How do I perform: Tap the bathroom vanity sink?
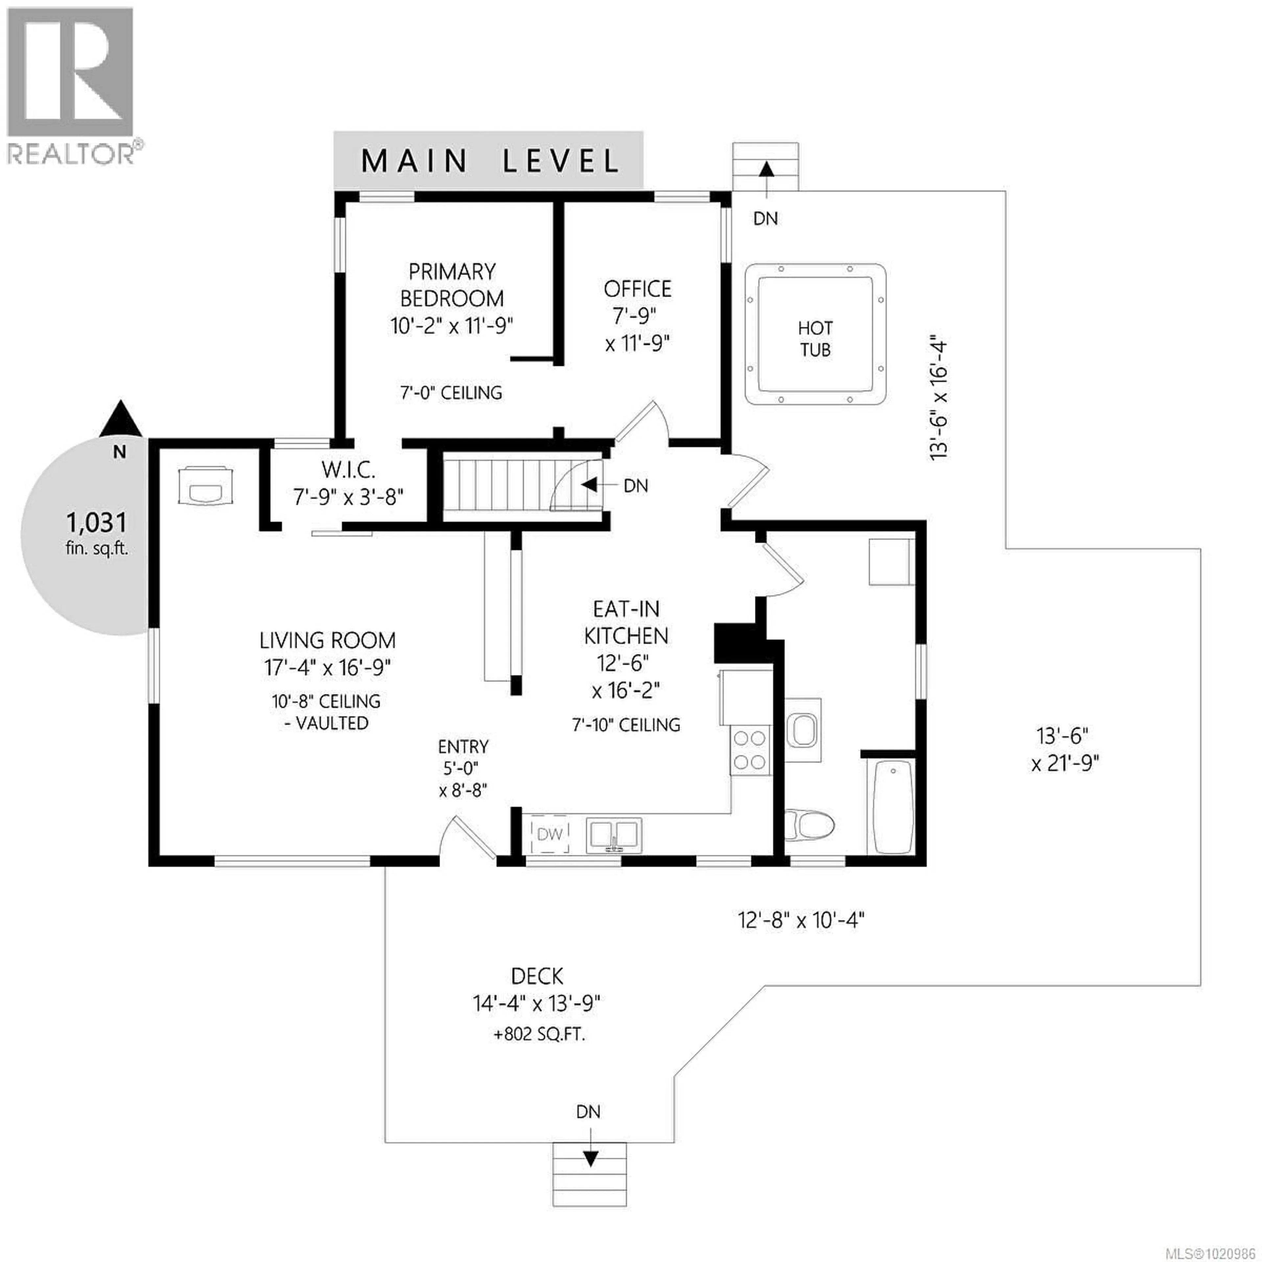click(803, 730)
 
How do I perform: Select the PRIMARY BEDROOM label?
click(451, 285)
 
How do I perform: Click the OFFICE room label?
click(637, 289)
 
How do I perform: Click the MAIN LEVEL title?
click(489, 161)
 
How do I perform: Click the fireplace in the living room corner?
click(205, 485)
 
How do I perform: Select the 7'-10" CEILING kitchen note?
click(626, 724)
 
